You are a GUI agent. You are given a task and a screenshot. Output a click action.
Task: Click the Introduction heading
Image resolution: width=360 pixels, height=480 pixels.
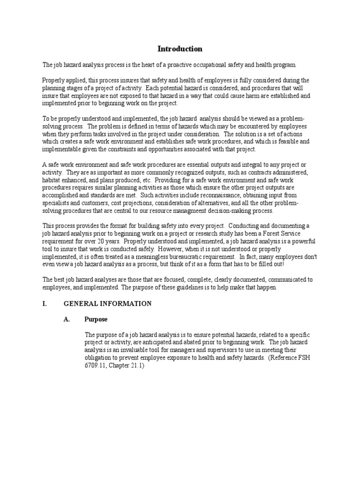(x=180, y=49)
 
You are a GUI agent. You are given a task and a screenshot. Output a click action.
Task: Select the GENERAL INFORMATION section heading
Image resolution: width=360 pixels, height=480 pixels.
(x=107, y=304)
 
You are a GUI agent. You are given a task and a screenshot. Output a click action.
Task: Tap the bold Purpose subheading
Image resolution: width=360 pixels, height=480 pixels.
(x=96, y=319)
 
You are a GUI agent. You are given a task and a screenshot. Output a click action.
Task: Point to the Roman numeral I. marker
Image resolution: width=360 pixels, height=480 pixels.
(x=45, y=304)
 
